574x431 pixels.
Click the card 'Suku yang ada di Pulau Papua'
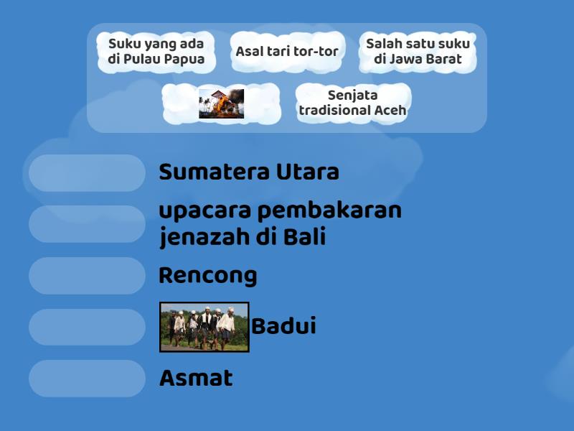[156, 52]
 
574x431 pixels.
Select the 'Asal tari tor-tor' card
[287, 52]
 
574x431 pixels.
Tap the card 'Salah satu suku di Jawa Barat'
[418, 52]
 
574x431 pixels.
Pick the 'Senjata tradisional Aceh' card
[352, 103]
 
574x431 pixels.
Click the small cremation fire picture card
[221, 103]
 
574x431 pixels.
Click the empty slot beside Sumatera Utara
[87, 173]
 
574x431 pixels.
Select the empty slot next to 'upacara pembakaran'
[87, 224]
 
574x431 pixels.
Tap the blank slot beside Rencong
[87, 276]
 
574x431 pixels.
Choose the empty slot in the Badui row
[87, 327]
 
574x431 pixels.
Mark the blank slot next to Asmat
[87, 379]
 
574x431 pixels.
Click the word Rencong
[207, 276]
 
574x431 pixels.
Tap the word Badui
[283, 327]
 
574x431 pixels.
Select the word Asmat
[195, 379]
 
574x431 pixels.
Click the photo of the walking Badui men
[204, 327]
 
